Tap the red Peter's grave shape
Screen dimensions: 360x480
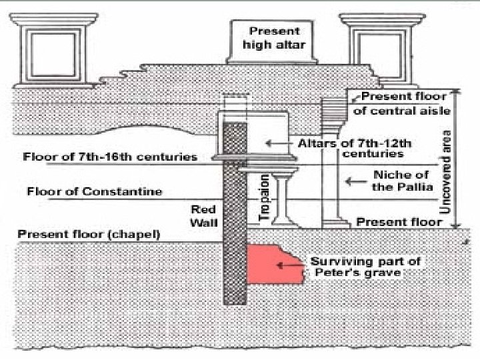[274, 265]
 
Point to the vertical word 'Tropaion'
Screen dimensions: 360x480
[264, 197]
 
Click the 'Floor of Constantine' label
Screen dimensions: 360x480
[95, 192]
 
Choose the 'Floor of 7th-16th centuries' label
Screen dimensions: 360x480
[110, 157]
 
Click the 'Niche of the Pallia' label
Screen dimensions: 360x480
[402, 181]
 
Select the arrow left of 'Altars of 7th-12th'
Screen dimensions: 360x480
[272, 143]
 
